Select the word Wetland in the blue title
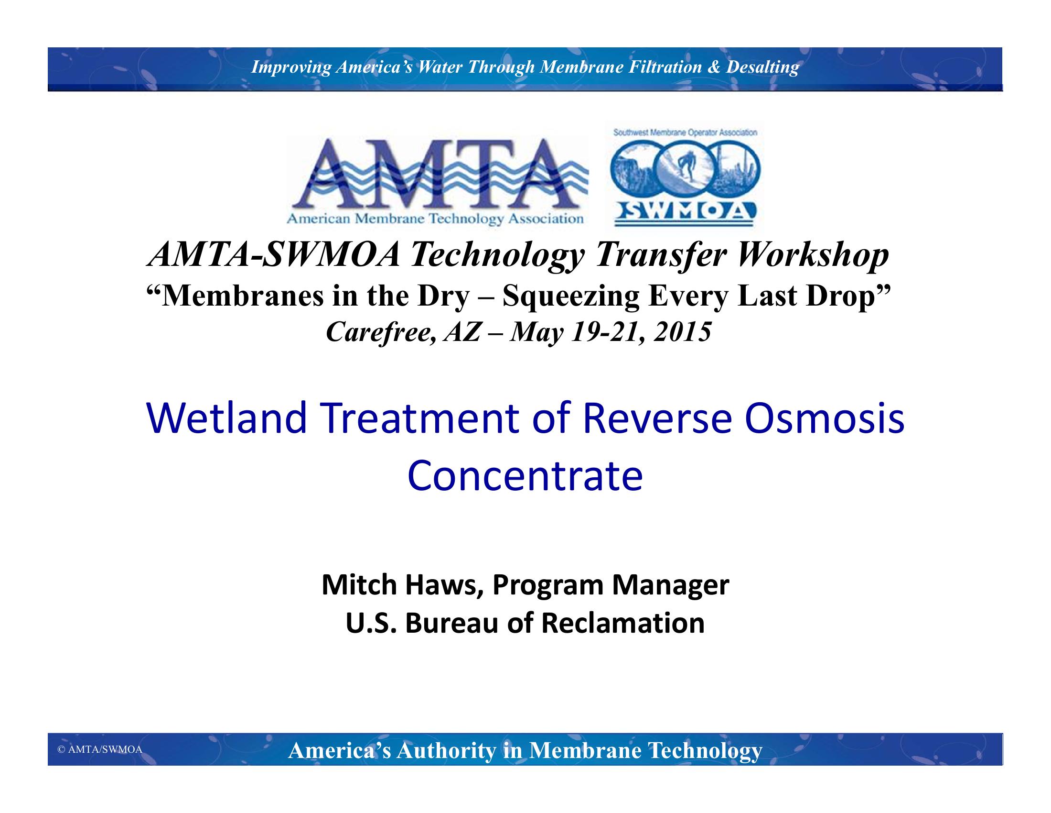(226, 417)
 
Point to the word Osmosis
(824, 417)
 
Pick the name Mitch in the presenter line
(359, 585)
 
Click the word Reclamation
(622, 623)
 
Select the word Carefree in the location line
(381, 332)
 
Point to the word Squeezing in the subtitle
(571, 296)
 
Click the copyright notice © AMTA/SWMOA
(100, 750)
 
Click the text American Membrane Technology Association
(435, 219)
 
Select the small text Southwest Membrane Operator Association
(685, 132)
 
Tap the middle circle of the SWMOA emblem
(685, 167)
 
